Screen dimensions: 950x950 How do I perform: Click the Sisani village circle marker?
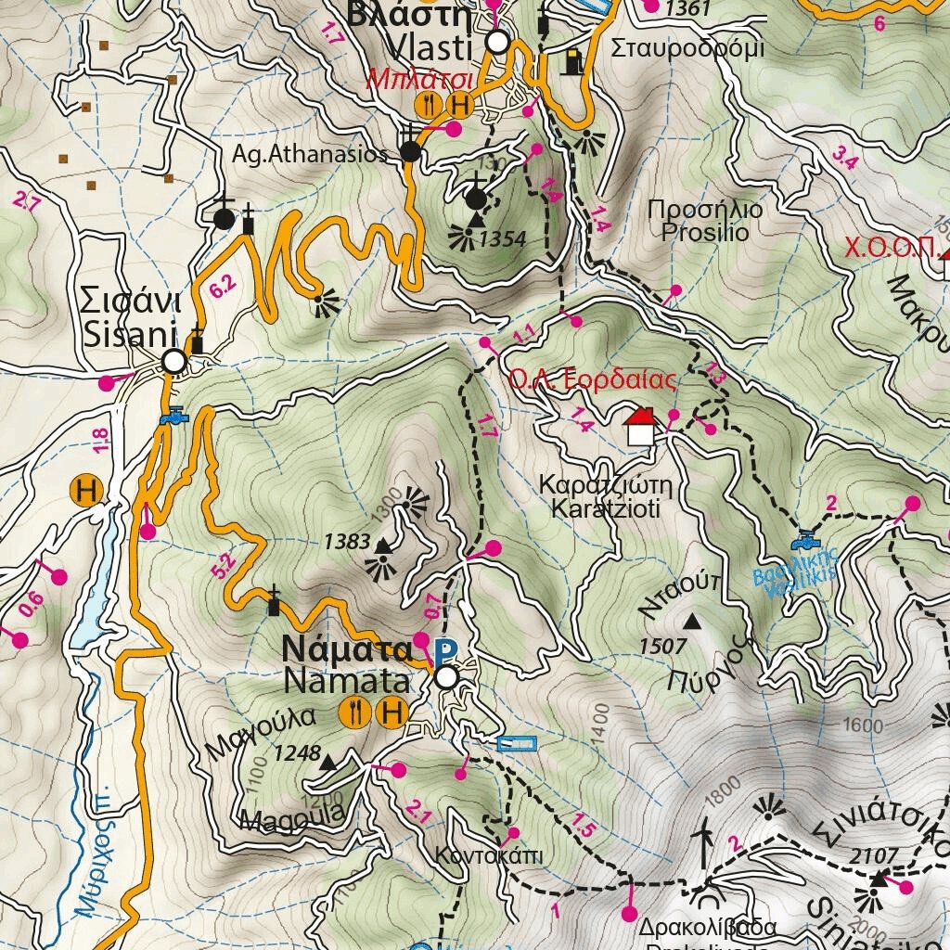pyautogui.click(x=173, y=361)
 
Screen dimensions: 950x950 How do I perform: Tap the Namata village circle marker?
pyautogui.click(x=446, y=678)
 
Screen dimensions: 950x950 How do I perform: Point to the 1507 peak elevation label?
pyautogui.click(x=662, y=646)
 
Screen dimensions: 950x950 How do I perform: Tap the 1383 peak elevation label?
pyautogui.click(x=348, y=542)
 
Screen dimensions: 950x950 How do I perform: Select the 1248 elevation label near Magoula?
pyautogui.click(x=297, y=752)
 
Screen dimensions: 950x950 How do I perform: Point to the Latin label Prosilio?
pyautogui.click(x=705, y=232)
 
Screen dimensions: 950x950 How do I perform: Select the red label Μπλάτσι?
pyautogui.click(x=420, y=79)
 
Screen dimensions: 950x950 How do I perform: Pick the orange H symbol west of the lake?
pyautogui.click(x=88, y=491)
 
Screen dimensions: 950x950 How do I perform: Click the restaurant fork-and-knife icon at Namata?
pyautogui.click(x=354, y=712)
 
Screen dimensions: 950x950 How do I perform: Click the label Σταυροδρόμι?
pyautogui.click(x=687, y=48)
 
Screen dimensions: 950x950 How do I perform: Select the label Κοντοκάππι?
pyautogui.click(x=489, y=854)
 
